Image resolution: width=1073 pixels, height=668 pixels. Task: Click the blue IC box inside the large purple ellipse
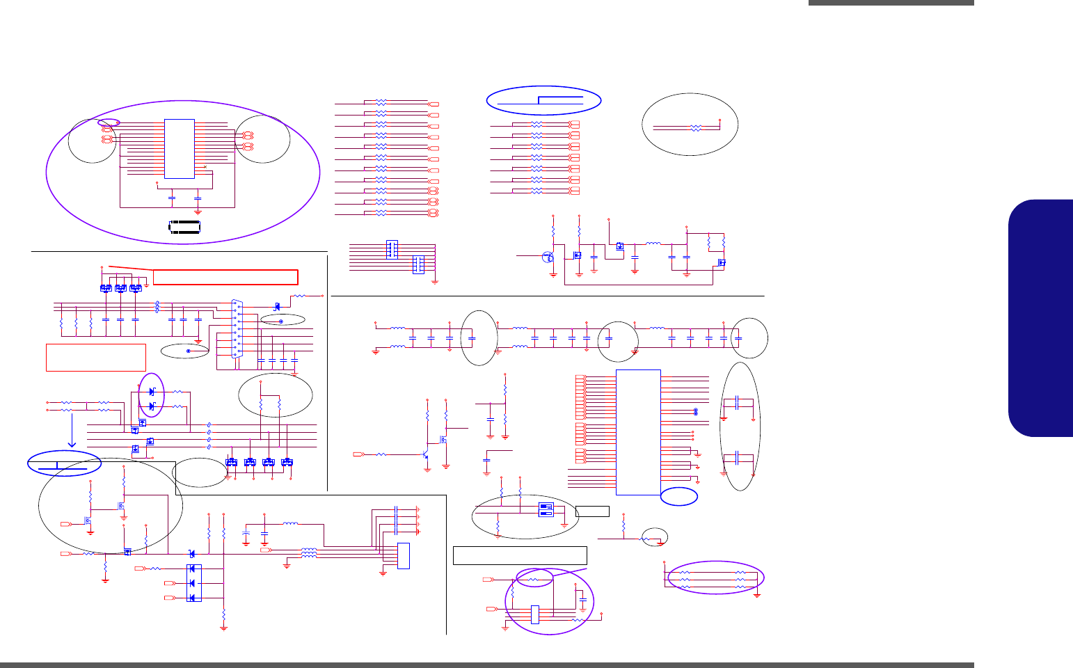point(180,148)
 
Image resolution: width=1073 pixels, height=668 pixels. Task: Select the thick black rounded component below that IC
point(184,227)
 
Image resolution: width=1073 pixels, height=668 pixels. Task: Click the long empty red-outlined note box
point(225,276)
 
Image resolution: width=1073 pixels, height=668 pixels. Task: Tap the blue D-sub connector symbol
point(237,327)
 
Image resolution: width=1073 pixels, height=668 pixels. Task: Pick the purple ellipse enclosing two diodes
point(152,395)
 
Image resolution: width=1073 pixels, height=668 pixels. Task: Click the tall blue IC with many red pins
point(638,432)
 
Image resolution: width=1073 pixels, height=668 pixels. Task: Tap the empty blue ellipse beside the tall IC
point(679,495)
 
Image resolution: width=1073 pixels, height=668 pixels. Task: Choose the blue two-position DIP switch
point(546,509)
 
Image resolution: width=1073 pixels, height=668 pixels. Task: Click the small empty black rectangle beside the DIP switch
point(593,511)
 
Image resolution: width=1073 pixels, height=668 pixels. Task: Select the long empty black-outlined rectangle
point(520,555)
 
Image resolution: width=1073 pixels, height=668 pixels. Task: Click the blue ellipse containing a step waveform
point(543,100)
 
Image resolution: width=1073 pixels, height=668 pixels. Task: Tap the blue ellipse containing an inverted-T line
point(63,464)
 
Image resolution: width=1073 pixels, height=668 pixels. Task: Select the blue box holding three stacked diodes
point(194,583)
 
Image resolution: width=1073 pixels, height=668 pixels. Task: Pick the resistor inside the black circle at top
point(694,128)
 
